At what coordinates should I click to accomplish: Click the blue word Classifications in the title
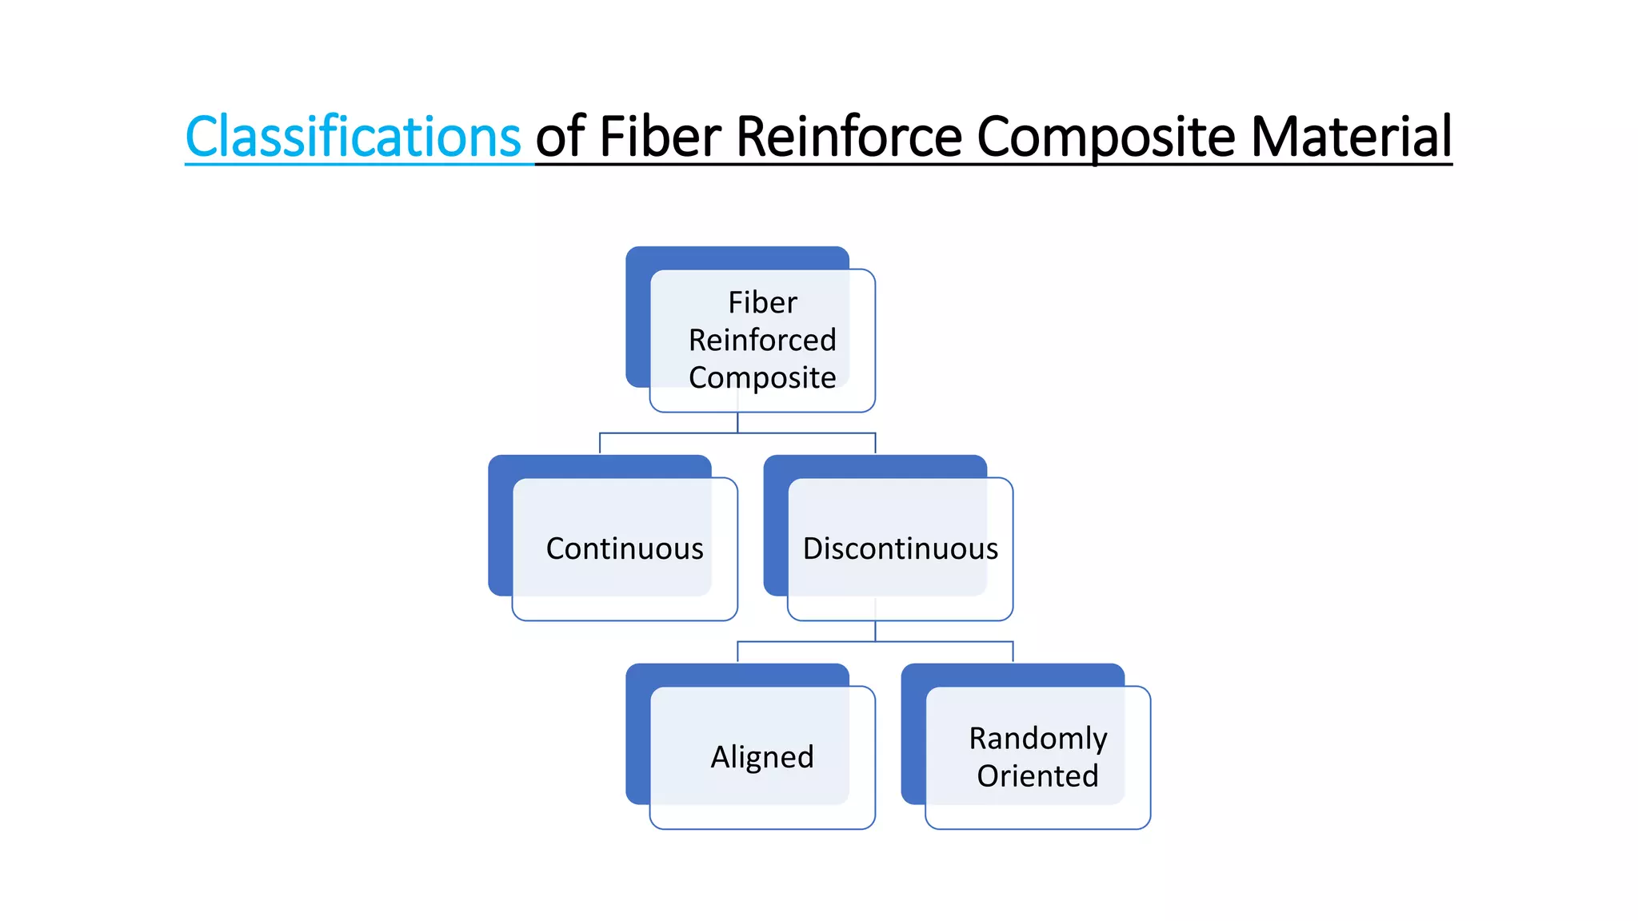(x=353, y=137)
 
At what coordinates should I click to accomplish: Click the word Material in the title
(x=1351, y=137)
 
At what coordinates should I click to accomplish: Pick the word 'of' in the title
(x=560, y=137)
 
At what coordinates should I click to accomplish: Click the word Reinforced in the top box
(x=762, y=340)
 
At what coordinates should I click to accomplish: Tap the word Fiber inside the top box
(x=762, y=303)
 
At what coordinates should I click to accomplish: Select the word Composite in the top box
(x=762, y=377)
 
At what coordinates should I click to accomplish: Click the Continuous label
(x=625, y=548)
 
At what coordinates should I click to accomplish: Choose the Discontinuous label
(x=900, y=548)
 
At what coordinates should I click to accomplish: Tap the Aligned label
(x=762, y=757)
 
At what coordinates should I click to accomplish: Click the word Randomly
(x=1037, y=738)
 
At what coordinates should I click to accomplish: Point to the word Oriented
(x=1037, y=775)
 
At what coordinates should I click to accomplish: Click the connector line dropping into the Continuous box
(x=600, y=444)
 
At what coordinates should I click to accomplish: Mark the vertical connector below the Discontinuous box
(x=875, y=631)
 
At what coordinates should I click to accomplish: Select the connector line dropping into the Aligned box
(x=737, y=652)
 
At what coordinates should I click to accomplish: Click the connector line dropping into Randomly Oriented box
(x=1013, y=652)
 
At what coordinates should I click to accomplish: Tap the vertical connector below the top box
(x=737, y=422)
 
